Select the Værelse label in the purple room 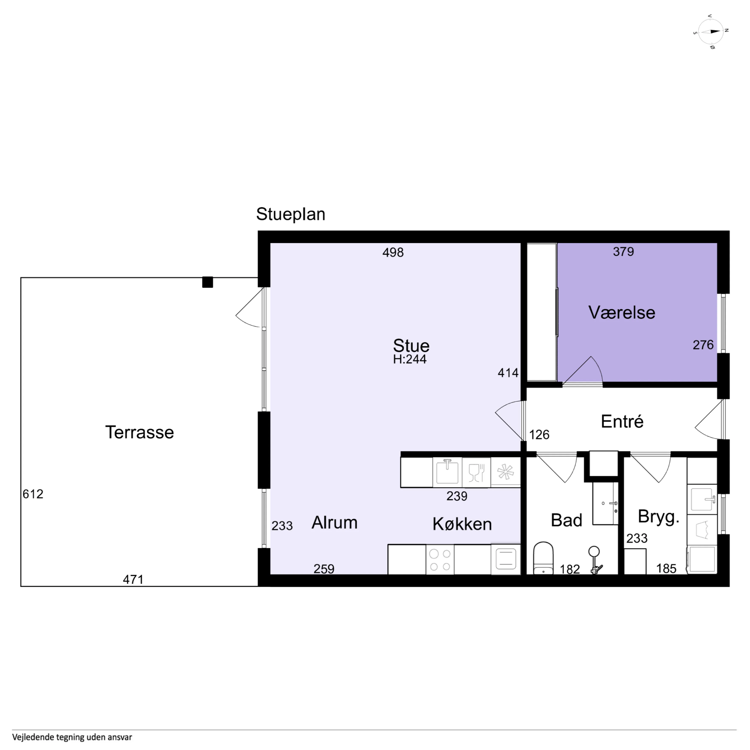coord(622,312)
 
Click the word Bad coord(566,520)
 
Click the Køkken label coord(462,524)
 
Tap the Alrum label coord(335,522)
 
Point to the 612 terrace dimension coord(33,494)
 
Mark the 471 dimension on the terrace coord(133,580)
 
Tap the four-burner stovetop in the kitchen coord(440,560)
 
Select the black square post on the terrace coord(208,282)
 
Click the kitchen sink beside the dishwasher coord(447,472)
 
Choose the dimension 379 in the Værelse coord(623,251)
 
